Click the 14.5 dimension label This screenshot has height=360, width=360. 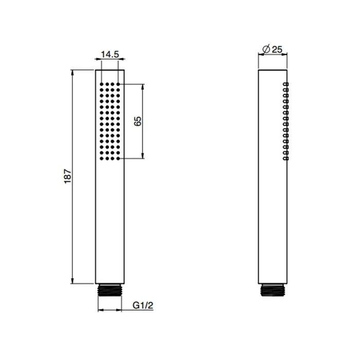(x=110, y=55)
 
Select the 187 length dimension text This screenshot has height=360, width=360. (x=68, y=176)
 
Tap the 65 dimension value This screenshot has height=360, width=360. (x=138, y=121)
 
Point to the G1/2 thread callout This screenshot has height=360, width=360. (x=143, y=305)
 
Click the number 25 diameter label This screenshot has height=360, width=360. (x=277, y=49)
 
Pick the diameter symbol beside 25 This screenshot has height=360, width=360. (x=266, y=49)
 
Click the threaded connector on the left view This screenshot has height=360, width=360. (x=110, y=290)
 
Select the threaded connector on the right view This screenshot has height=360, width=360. (x=273, y=290)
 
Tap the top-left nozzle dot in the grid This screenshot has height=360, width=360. (x=101, y=84)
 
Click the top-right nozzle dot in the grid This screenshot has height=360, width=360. (x=118, y=84)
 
